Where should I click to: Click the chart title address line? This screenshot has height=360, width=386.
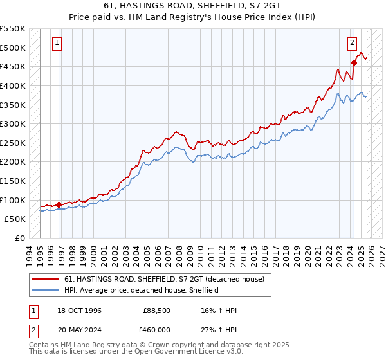(192, 6)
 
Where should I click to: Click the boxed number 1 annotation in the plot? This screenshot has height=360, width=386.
(57, 43)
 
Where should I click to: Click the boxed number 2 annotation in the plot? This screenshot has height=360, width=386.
(353, 43)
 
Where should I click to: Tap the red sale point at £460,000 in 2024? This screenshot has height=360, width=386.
(354, 62)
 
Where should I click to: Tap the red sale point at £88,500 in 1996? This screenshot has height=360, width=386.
(59, 204)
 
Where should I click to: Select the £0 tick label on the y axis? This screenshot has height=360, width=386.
(19, 238)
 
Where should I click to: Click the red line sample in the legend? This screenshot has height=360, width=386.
(46, 278)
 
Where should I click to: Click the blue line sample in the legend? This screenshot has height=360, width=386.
(46, 290)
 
